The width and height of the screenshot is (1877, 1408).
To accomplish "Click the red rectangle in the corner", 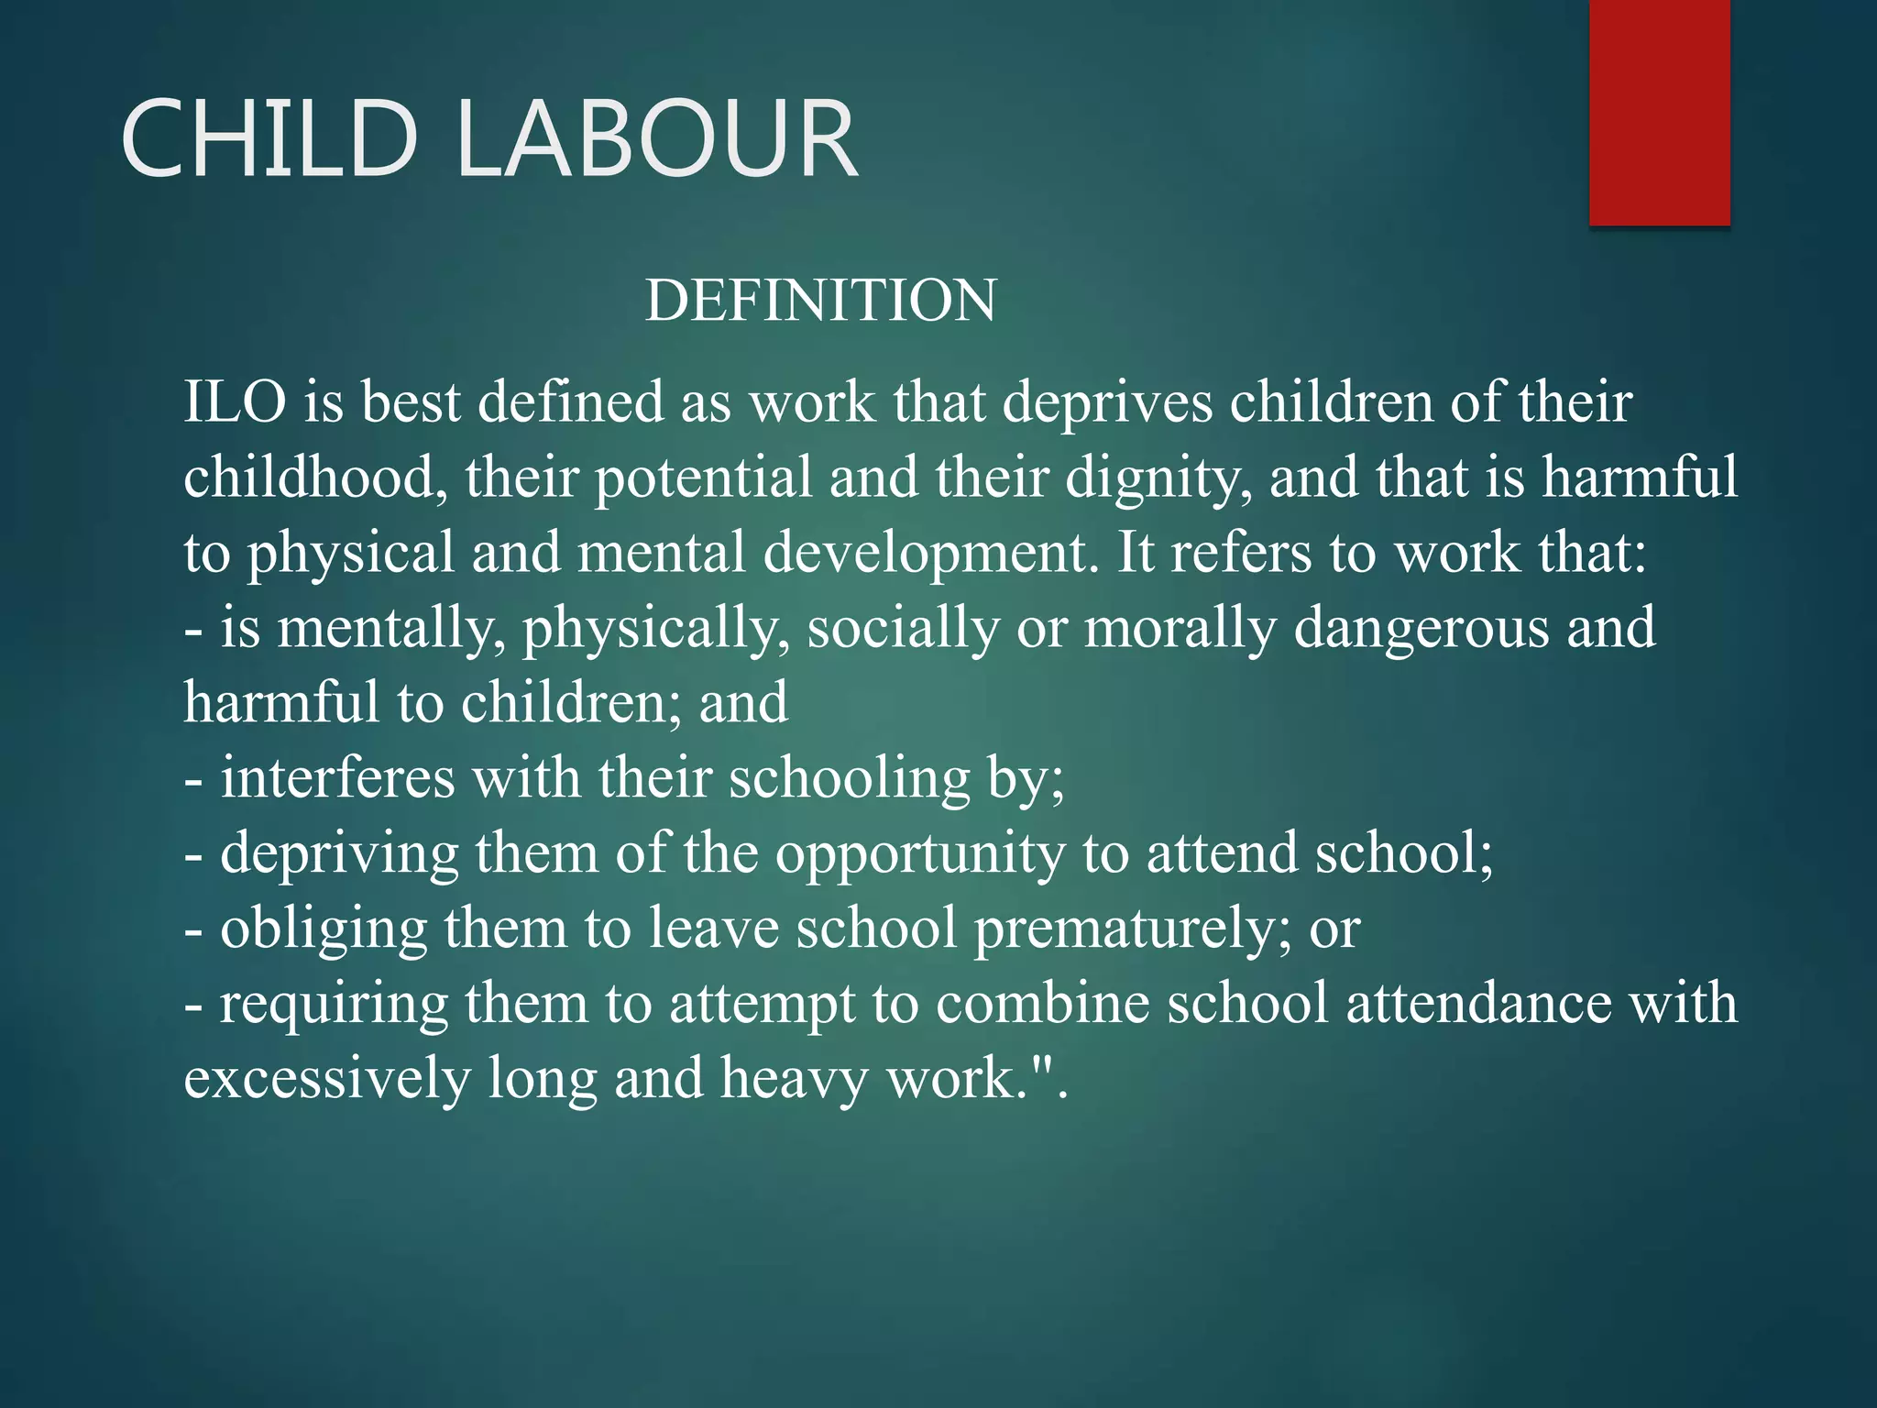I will (x=1659, y=112).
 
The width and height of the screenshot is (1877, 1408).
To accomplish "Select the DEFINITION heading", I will (x=820, y=301).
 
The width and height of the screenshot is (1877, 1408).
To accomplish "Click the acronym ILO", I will (x=235, y=402).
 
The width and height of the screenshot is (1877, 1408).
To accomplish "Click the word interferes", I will (x=337, y=778).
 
